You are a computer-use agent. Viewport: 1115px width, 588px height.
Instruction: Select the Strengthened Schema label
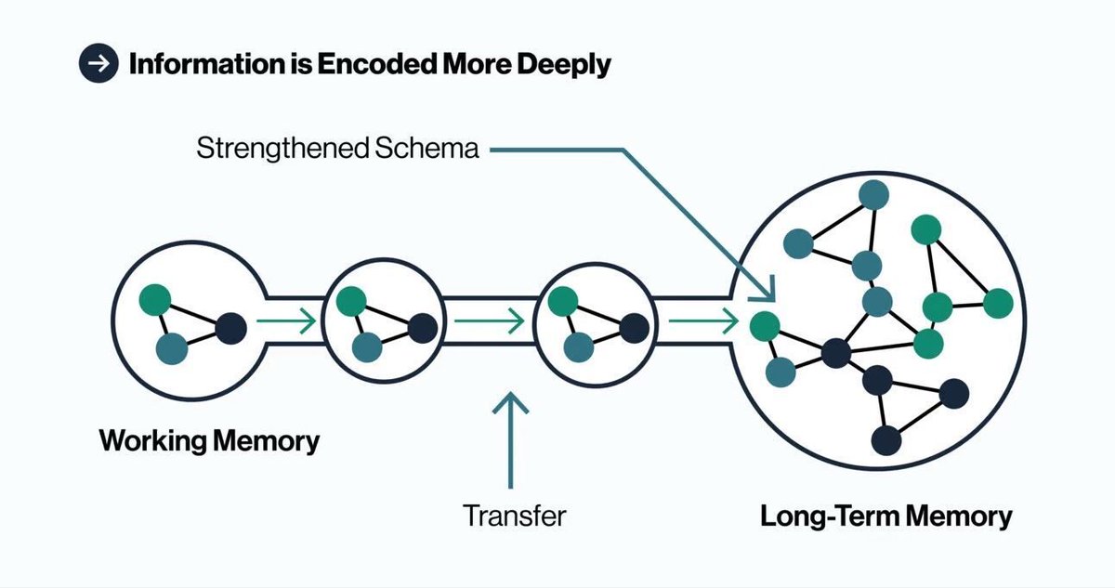point(338,148)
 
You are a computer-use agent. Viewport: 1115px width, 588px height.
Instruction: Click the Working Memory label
point(209,439)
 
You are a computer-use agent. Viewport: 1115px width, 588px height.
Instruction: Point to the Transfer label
point(514,514)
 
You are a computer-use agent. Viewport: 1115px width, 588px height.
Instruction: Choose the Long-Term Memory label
point(885,516)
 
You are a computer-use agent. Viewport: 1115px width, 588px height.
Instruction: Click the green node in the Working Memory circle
point(154,299)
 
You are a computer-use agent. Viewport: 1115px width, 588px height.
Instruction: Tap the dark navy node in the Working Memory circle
point(230,327)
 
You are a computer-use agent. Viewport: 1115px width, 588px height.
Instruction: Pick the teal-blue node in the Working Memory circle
point(172,349)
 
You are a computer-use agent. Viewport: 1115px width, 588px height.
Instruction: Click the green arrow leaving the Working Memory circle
point(286,322)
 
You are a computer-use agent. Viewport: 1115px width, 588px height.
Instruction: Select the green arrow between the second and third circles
point(489,322)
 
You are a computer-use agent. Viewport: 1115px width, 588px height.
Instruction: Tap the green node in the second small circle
point(351,301)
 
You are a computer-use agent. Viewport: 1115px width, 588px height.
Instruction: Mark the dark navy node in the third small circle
point(634,327)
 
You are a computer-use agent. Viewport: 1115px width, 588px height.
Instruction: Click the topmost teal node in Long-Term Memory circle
point(873,195)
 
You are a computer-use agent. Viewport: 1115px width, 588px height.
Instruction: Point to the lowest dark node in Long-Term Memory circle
point(887,439)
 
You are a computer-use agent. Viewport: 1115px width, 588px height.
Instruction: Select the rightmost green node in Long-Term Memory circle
point(997,303)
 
